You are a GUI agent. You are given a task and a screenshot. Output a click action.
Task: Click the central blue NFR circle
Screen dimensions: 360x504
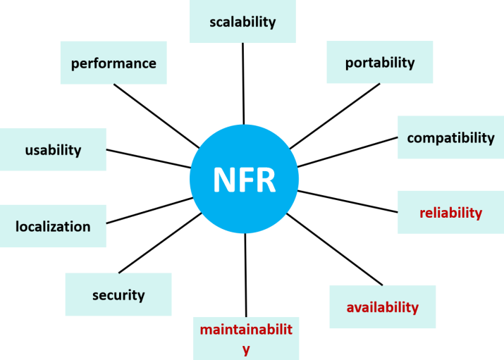click(244, 179)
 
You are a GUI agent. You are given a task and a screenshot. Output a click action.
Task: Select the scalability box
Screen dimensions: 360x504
click(242, 22)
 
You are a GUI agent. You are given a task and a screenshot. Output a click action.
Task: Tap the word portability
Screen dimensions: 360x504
click(380, 63)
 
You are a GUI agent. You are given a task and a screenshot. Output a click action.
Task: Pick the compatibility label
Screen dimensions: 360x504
click(450, 137)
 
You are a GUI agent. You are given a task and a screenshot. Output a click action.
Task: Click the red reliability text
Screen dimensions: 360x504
click(450, 212)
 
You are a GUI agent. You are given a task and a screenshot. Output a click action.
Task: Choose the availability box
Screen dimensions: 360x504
click(382, 307)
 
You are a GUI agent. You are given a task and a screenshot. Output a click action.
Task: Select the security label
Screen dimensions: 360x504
click(118, 294)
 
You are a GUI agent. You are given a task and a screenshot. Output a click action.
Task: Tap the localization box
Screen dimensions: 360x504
click(53, 226)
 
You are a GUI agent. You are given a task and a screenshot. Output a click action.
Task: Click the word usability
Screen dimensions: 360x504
click(53, 149)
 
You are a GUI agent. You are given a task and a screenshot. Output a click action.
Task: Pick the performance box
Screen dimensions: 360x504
click(113, 63)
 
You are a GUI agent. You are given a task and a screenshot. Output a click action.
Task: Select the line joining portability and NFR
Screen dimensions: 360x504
click(334, 116)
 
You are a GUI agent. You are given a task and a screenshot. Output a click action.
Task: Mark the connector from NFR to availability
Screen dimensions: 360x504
click(335, 250)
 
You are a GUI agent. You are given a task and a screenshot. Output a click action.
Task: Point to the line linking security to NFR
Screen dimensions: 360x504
click(159, 243)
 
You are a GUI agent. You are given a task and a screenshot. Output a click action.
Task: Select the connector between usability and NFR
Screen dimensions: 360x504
click(148, 159)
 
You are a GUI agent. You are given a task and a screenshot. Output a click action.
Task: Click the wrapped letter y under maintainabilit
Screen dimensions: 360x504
click(245, 348)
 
